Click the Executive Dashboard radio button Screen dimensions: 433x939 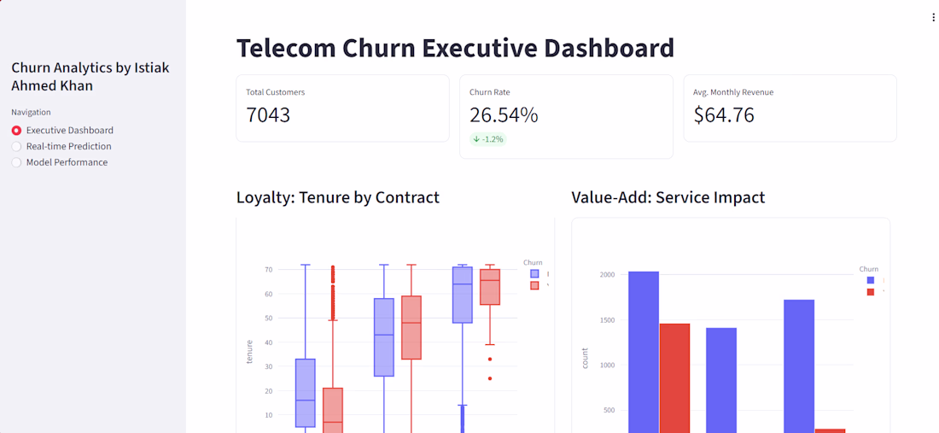coord(17,131)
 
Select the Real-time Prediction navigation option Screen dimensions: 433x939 coord(17,146)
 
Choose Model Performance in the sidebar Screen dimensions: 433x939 coord(17,162)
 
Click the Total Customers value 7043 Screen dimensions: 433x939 coord(268,115)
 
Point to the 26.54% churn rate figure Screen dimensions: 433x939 coord(504,115)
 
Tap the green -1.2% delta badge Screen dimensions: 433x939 coord(488,139)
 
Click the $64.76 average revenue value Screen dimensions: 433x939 coord(724,115)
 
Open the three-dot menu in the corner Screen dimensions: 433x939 coord(933,17)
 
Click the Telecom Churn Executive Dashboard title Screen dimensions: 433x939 coord(455,48)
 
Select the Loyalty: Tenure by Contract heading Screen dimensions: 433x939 coord(338,197)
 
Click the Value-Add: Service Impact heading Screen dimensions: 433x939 coord(668,197)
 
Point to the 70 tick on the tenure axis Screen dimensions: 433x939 coord(268,270)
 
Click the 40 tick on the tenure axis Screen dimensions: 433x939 coord(268,342)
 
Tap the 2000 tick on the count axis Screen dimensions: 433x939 coord(607,275)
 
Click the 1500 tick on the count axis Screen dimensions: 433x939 coord(607,320)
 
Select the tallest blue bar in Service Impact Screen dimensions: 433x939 coord(644,350)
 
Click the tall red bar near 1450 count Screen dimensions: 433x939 coord(674,376)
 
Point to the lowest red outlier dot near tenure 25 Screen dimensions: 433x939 coord(490,378)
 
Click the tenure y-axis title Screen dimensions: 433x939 coord(249,352)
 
